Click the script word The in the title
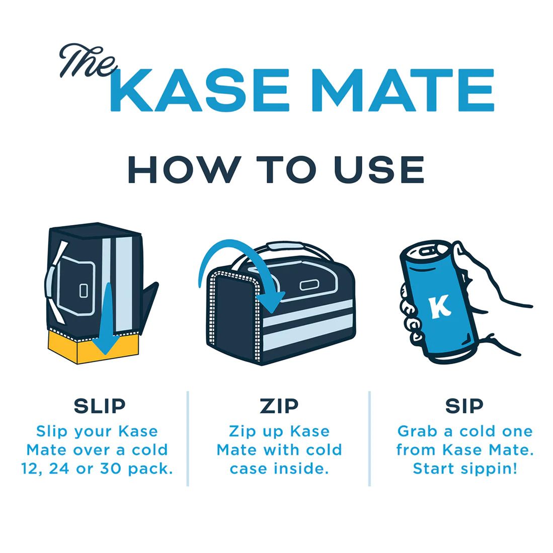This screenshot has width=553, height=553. [x=87, y=62]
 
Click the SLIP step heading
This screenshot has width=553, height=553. [x=100, y=406]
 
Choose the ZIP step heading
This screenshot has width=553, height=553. [x=279, y=406]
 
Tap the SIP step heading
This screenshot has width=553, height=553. [x=464, y=406]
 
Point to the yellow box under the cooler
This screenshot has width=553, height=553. [x=93, y=347]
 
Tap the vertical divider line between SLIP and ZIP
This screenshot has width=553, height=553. [x=188, y=438]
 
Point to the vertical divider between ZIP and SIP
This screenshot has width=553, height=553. [x=370, y=438]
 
